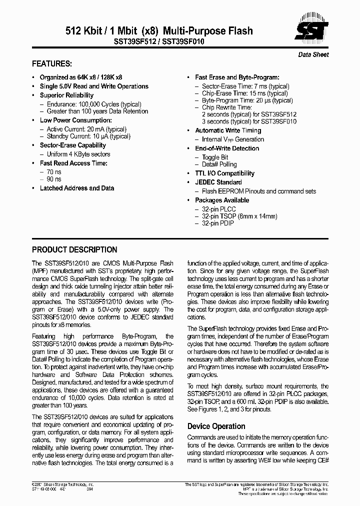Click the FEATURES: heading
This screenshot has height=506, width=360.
click(52, 64)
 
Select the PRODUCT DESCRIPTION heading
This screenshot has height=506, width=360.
click(74, 249)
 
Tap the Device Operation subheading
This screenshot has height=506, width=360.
click(216, 426)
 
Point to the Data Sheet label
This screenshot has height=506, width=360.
click(313, 54)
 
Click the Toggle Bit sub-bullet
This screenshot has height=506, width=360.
click(215, 157)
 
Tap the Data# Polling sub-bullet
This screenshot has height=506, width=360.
click(219, 164)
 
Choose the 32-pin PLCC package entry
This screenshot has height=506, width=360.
click(218, 209)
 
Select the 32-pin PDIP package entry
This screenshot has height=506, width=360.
click(218, 223)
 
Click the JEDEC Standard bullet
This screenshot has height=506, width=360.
click(218, 182)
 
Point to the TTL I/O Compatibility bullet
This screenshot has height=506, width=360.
click(225, 173)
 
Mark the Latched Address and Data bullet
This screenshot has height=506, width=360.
click(77, 188)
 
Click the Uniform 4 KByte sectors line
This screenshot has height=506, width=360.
click(78, 154)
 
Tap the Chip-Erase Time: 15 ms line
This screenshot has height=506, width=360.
click(237, 93)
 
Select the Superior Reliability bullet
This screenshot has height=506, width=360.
click(66, 95)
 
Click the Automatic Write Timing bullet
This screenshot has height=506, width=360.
click(228, 130)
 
